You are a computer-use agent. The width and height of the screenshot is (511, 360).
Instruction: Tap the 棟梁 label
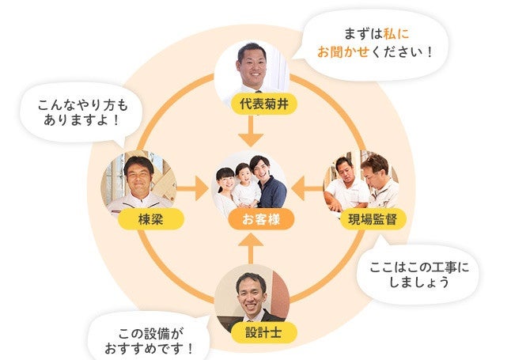[x=150, y=219]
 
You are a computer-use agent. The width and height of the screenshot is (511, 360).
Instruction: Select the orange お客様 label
[x=251, y=219]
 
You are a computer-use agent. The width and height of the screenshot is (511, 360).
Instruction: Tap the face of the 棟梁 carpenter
[x=139, y=176]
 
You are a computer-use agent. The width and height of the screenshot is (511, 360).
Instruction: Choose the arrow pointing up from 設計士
[x=252, y=252]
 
